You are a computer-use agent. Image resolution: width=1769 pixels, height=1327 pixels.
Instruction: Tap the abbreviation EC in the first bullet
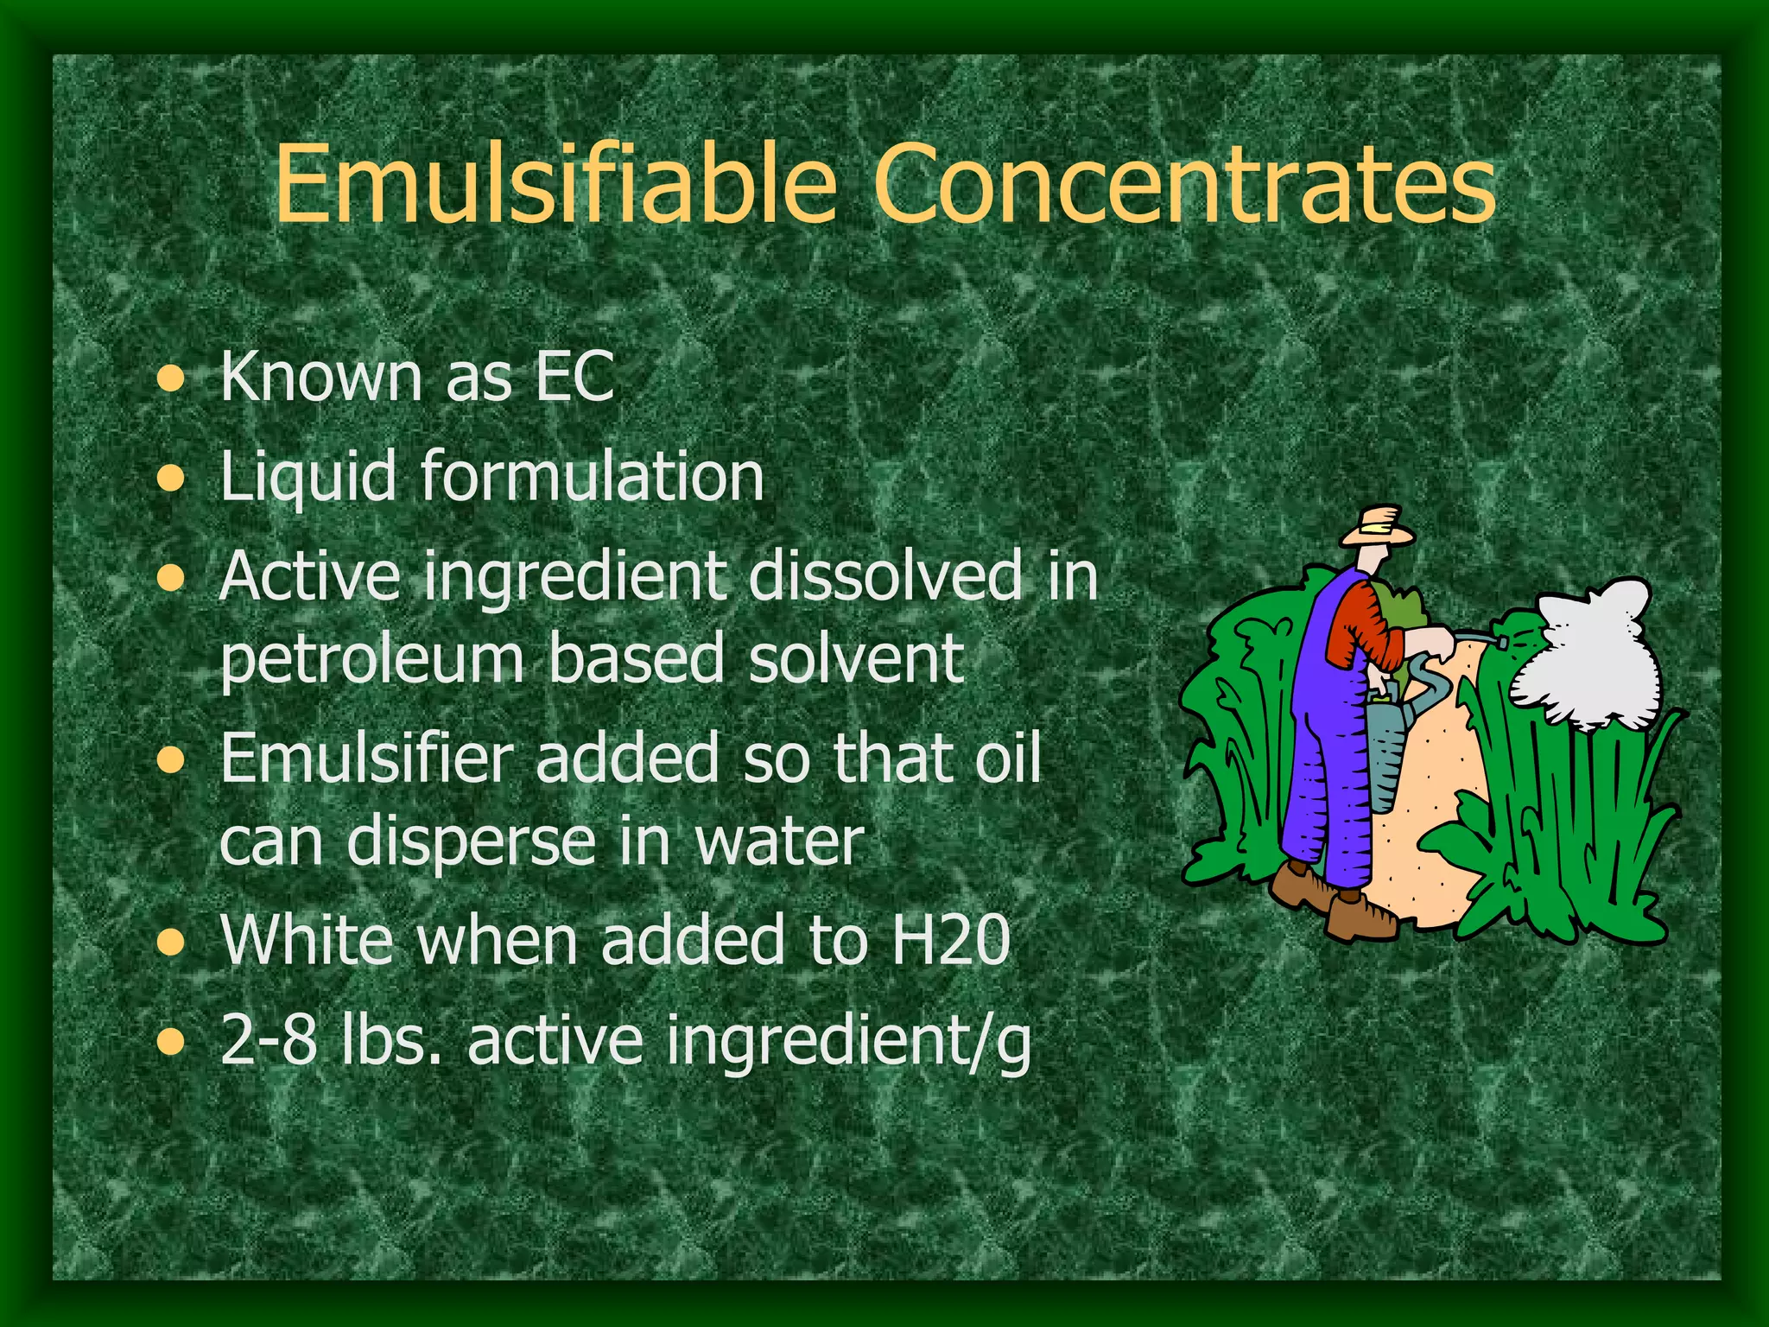[574, 377]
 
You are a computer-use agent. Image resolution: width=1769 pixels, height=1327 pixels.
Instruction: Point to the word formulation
[593, 476]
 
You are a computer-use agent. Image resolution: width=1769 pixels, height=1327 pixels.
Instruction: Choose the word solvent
[856, 658]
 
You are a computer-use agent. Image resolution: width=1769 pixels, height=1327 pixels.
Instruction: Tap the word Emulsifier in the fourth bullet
[367, 758]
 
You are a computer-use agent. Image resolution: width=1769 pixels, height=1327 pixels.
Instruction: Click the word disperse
[471, 843]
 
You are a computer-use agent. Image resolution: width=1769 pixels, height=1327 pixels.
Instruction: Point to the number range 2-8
[268, 1040]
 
